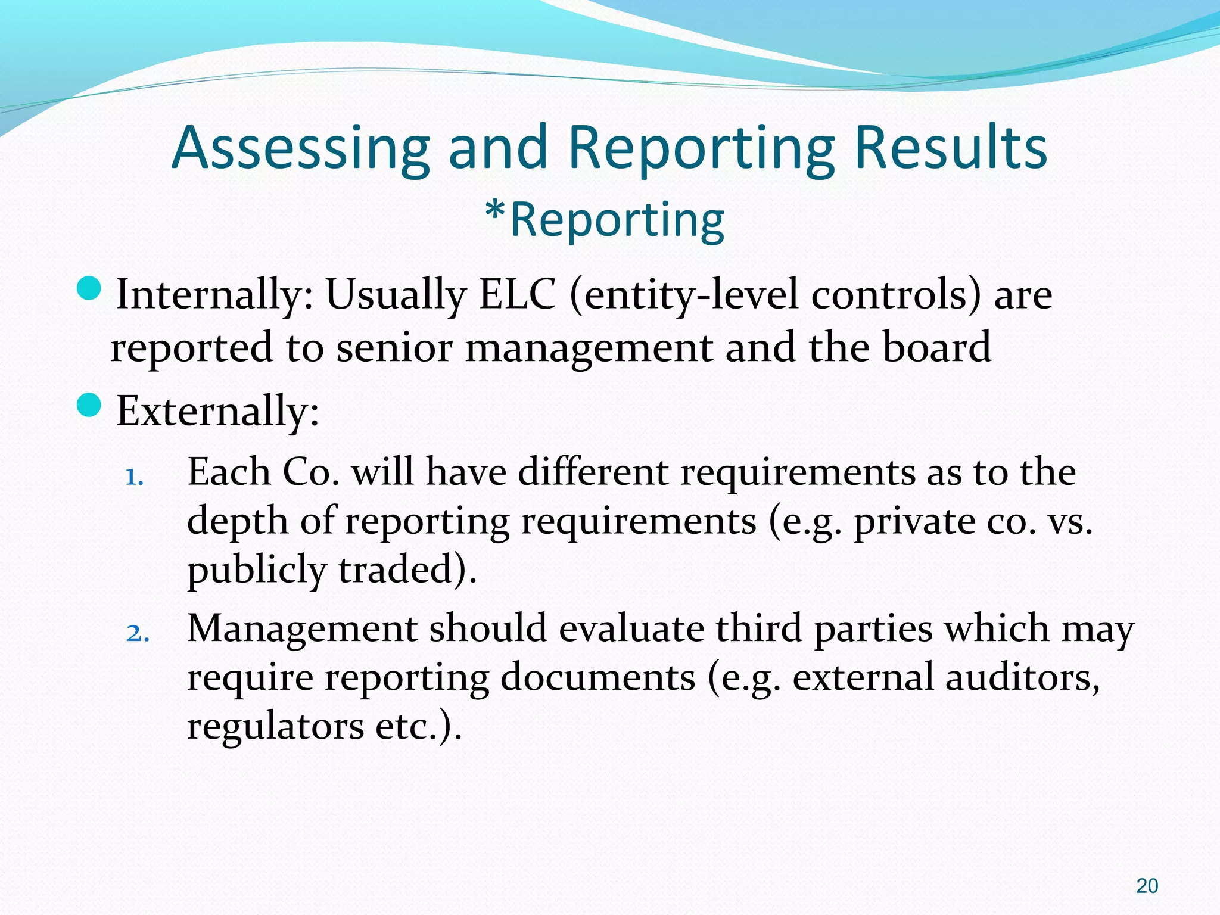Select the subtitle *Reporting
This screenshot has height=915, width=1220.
[x=605, y=220]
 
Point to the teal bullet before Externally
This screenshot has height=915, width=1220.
[x=89, y=405]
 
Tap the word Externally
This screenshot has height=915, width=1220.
[x=217, y=411]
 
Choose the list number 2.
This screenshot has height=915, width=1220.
[x=138, y=633]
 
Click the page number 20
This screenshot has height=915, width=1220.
[x=1147, y=886]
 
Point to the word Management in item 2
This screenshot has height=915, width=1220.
[x=302, y=629]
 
